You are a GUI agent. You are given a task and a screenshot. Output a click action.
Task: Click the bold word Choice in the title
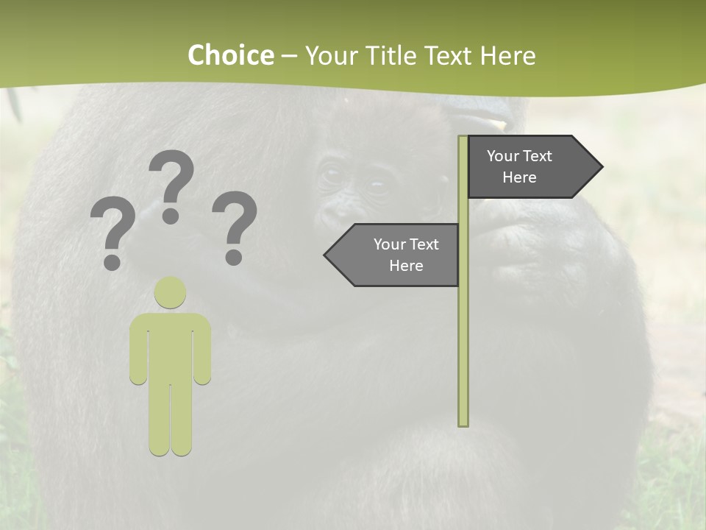click(230, 55)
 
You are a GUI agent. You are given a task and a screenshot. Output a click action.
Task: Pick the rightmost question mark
click(235, 225)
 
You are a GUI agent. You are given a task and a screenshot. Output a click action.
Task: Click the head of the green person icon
click(170, 293)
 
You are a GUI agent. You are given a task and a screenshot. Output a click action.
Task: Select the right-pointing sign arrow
click(529, 167)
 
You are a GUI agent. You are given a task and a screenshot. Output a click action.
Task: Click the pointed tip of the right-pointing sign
click(601, 167)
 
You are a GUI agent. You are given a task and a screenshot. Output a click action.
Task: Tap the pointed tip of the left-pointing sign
click(326, 255)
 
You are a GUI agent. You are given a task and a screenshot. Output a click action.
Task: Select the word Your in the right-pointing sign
click(503, 156)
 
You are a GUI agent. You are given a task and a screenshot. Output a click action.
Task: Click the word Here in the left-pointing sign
click(406, 266)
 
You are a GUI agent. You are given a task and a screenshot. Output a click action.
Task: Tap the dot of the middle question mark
click(171, 216)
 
